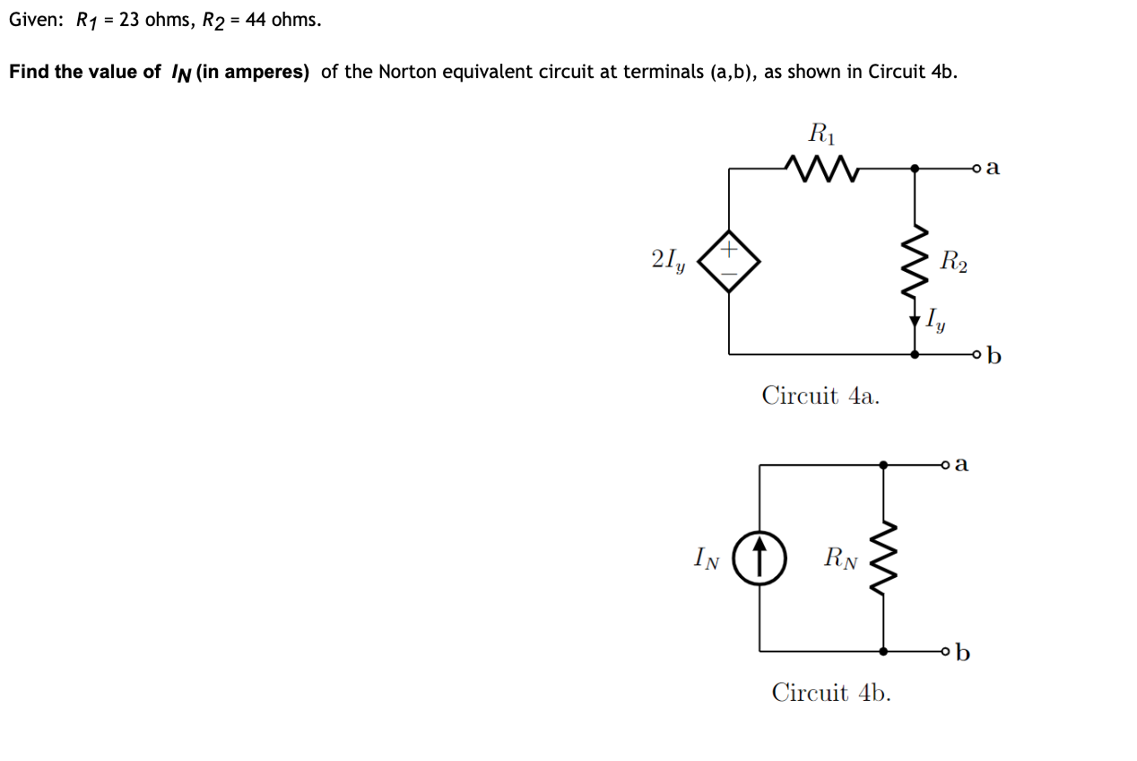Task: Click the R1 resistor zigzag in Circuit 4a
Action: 822,166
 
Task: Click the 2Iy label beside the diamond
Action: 666,261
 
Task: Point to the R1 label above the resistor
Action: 820,134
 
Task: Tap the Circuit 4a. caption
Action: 820,395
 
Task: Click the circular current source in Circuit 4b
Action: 760,558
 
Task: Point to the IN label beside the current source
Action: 707,558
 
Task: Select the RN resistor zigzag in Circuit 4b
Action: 883,558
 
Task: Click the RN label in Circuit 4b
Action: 840,560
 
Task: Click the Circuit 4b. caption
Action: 831,693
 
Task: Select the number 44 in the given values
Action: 256,20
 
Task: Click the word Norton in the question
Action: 406,72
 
